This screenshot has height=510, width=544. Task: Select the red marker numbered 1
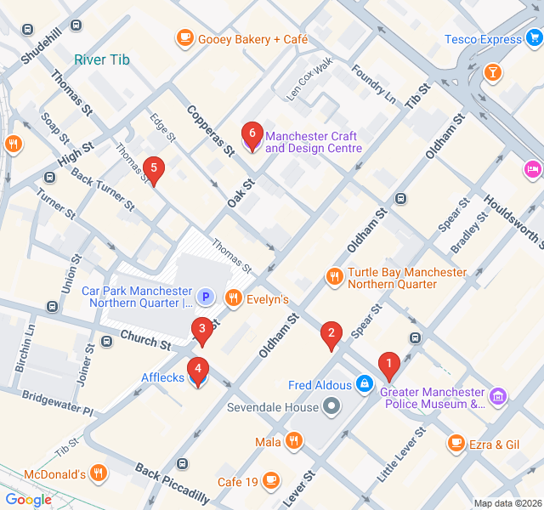point(389,365)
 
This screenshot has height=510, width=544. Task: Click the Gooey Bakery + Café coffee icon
point(184,38)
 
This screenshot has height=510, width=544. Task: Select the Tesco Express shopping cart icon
point(534,39)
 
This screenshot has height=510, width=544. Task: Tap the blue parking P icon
point(205,297)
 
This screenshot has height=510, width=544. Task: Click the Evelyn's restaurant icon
point(233,298)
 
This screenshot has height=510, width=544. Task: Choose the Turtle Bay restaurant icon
point(335,276)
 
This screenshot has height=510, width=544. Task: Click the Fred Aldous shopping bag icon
point(364,384)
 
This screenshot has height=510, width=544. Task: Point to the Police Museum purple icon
point(498,396)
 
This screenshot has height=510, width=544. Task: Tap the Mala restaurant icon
point(293,440)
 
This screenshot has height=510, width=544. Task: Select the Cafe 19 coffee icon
point(271,481)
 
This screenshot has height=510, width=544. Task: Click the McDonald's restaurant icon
point(99,473)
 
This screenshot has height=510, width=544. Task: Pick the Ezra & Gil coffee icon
point(456,443)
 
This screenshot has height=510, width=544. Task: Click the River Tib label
point(102,59)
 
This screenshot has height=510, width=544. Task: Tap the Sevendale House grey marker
point(331,407)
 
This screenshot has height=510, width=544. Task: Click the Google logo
point(28,500)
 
